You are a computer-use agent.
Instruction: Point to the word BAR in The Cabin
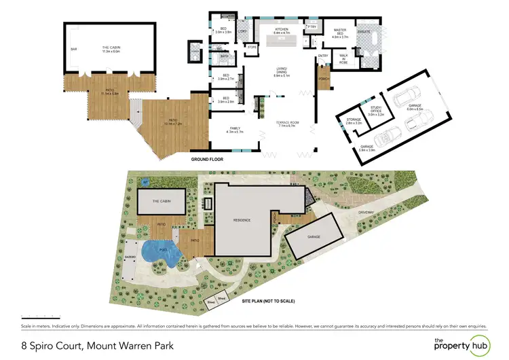pos(74,50)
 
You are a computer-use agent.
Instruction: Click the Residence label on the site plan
pos(242,220)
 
